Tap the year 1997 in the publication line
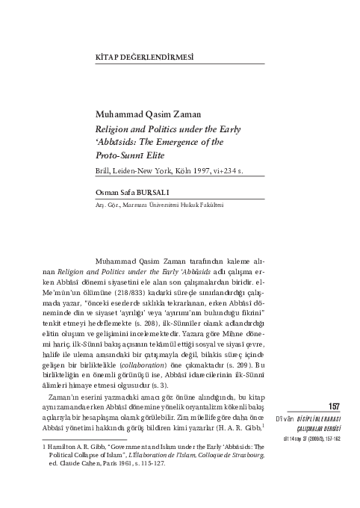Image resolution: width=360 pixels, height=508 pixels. [202, 170]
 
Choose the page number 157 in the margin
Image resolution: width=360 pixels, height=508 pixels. [335, 406]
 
